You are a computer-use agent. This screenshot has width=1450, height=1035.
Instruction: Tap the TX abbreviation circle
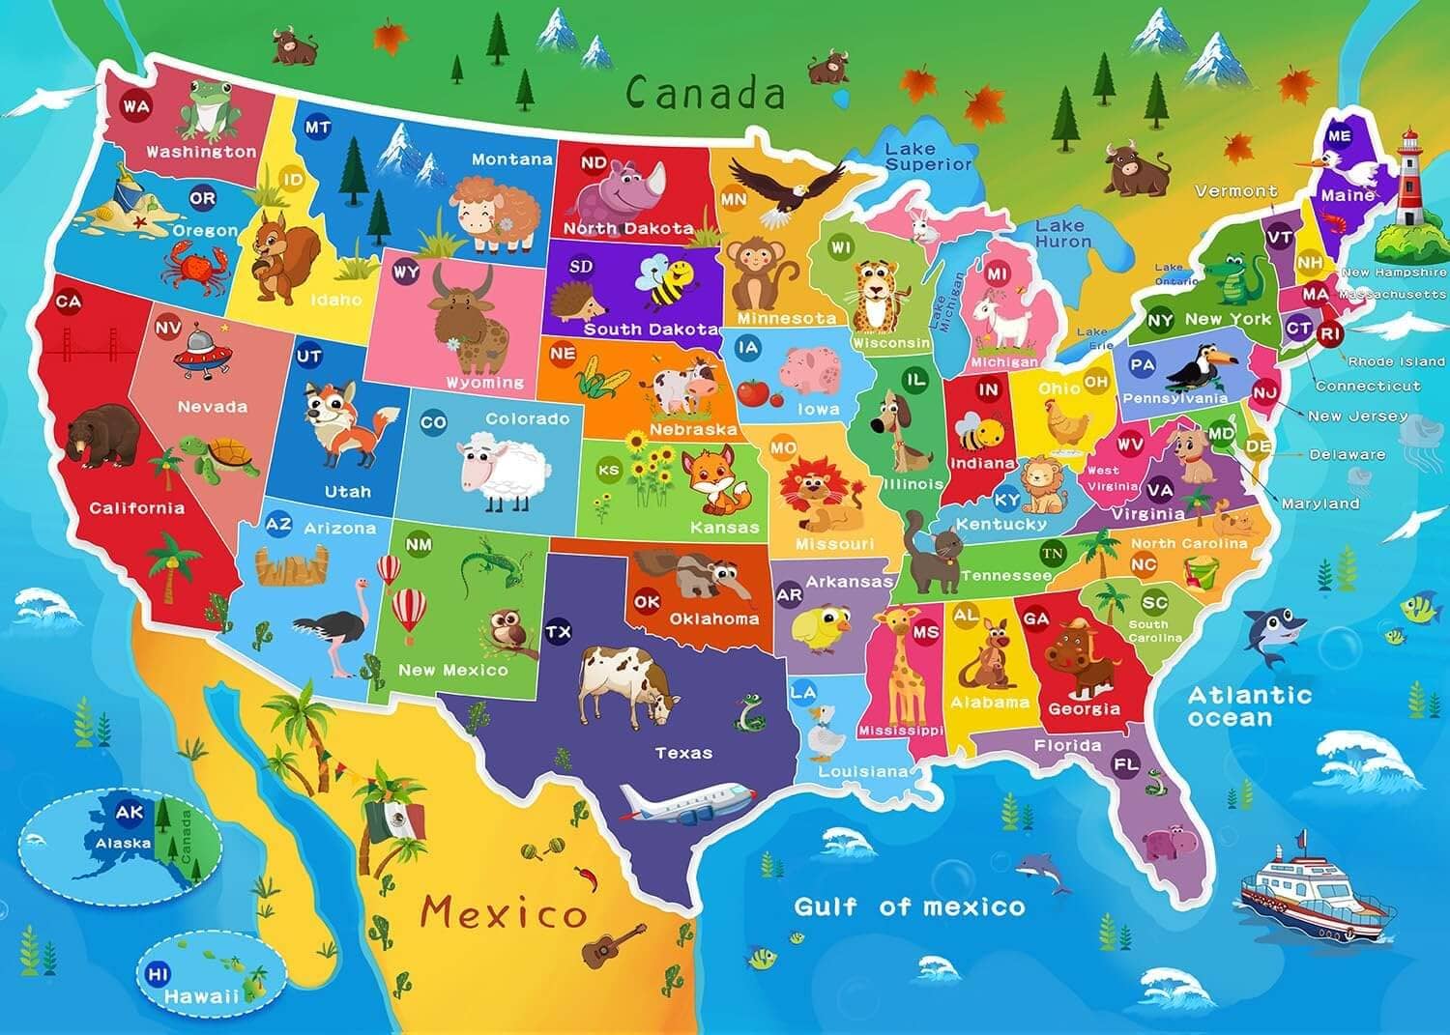tap(558, 632)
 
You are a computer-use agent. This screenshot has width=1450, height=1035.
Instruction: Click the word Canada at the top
tap(705, 93)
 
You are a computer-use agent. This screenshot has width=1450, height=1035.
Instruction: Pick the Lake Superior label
tap(927, 156)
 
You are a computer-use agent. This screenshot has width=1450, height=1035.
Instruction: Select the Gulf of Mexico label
tap(909, 906)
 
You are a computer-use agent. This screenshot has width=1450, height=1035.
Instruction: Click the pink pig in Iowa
tap(810, 368)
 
